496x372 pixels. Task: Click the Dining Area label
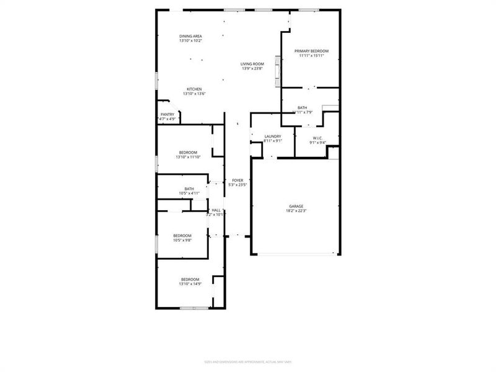point(191,36)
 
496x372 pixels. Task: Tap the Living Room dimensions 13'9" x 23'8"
point(252,68)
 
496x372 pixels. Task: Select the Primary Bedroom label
point(311,51)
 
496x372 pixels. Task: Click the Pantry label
point(167,114)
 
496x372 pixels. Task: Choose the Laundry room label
point(273,136)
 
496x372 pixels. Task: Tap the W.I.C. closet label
point(317,138)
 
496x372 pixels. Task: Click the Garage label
point(296,206)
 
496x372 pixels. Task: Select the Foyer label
point(237,180)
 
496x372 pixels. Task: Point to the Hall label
point(216,210)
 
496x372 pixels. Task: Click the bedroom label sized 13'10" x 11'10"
point(188,153)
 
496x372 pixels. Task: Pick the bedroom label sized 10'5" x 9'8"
point(182,236)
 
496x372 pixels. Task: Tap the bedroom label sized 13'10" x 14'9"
point(190,279)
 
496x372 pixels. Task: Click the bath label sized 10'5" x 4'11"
point(189,188)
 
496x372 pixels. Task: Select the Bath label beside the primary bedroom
point(302,107)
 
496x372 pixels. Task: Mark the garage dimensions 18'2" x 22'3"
point(296,211)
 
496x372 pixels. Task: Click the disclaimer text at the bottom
point(248,362)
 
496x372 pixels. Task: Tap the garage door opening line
point(296,254)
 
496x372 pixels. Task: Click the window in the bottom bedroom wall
point(194,308)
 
